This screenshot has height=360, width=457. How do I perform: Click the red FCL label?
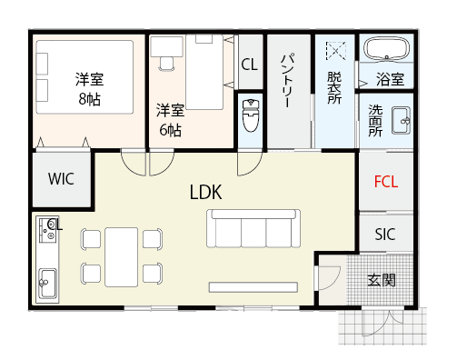click(386, 182)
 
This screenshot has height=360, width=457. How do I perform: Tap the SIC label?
click(385, 235)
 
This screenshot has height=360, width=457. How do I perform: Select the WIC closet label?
click(61, 179)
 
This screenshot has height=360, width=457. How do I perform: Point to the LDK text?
click(205, 192)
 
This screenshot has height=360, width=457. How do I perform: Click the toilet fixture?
click(251, 115)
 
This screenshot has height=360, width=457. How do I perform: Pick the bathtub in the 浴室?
click(386, 49)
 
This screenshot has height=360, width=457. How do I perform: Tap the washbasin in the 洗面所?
click(401, 120)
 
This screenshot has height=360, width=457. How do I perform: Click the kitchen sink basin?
click(47, 284)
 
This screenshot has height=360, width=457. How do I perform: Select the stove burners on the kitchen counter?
click(47, 230)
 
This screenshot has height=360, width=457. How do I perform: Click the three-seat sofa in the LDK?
click(253, 228)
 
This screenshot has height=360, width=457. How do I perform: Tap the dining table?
click(122, 257)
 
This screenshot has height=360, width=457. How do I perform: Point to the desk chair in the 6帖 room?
click(166, 64)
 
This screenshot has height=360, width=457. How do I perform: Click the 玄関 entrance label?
click(382, 280)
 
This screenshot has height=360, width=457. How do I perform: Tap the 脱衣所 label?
click(334, 88)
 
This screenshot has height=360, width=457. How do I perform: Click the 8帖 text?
click(89, 99)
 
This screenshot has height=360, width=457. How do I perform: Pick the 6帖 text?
click(170, 130)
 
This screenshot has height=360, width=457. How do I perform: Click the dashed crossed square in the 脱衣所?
click(336, 51)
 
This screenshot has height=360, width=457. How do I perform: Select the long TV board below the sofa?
click(253, 287)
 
